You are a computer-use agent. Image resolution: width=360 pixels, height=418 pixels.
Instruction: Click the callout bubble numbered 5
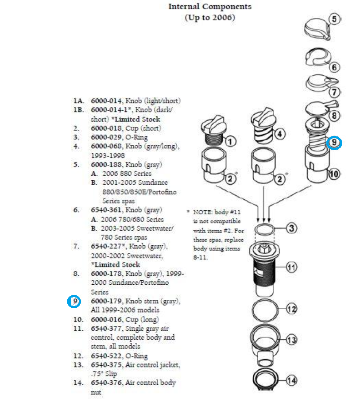coord(335,19)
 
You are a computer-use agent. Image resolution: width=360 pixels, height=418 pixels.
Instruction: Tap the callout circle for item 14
coord(291,380)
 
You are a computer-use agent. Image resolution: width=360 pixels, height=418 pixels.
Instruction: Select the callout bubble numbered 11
coord(291,267)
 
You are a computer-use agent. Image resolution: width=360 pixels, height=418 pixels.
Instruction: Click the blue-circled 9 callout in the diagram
coord(334,143)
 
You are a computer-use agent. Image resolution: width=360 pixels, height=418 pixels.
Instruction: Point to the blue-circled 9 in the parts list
coord(74,302)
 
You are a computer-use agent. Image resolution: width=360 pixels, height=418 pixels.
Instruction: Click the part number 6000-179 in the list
coord(106,301)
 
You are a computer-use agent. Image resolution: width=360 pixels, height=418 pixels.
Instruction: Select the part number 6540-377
coord(106,329)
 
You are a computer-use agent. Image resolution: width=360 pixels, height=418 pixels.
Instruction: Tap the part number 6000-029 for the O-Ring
coord(106,137)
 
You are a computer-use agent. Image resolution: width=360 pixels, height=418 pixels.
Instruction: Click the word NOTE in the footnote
coord(203,212)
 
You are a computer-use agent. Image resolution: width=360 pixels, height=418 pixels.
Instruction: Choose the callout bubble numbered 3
coord(291,228)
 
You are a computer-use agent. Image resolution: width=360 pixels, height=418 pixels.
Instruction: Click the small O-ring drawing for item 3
coord(264,229)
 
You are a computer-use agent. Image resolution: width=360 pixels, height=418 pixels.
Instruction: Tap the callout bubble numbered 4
coord(279,134)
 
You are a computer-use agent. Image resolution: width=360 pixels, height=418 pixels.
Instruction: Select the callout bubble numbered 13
coord(291,340)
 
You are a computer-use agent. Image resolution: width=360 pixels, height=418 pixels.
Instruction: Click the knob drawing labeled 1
coord(214,130)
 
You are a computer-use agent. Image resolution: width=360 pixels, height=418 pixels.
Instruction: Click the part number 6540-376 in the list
coord(106,383)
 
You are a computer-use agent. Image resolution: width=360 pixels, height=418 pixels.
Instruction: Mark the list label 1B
coord(78,110)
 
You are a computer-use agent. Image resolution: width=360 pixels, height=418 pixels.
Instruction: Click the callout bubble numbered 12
coord(291,309)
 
